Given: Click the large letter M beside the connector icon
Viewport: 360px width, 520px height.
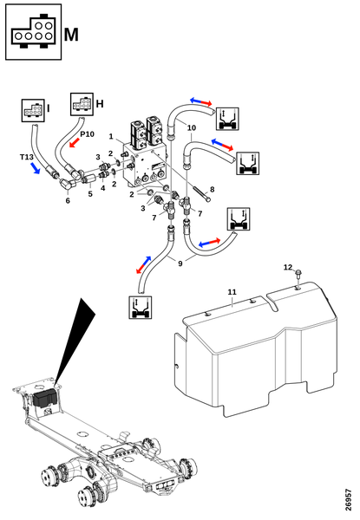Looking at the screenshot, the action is pos(71,35).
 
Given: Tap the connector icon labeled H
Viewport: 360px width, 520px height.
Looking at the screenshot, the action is pos(82,104).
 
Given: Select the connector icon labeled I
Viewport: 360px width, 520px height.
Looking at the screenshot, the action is pos(33,110).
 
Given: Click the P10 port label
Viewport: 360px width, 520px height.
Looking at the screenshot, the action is pos(87,134).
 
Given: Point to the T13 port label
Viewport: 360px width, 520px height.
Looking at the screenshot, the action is pos(27,157).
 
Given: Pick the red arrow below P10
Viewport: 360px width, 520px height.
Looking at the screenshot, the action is pos(75,143).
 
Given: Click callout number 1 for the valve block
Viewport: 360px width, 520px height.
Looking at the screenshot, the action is pos(111,136).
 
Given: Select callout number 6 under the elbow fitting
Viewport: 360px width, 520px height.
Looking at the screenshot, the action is pos(68,200).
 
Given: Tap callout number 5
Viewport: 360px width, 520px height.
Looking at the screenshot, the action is pos(90,193).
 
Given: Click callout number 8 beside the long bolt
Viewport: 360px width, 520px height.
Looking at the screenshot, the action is pos(212,189).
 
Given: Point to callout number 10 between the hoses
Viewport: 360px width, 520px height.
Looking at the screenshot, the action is pos(192,127).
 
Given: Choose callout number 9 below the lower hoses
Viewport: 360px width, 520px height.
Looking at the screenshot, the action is pos(180,263).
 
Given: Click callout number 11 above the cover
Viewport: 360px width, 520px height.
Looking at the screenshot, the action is pos(232,292).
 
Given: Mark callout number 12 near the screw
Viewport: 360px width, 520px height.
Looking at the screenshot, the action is pos(288,267).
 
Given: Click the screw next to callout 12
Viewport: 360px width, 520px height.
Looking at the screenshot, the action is pos(298,274).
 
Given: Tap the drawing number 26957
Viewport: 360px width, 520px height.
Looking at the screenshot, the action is pos(348,499).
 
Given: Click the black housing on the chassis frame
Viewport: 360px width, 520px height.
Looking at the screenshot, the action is pos(45,399).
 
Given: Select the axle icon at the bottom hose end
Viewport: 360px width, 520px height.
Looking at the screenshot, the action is pos(141,308).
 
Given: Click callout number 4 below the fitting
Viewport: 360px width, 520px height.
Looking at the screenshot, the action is pos(103,188).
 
